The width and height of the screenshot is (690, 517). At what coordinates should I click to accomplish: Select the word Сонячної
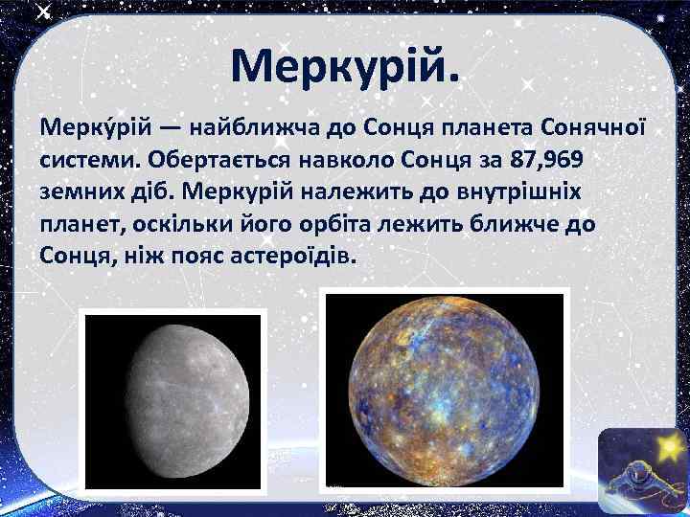pyautogui.click(x=595, y=126)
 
